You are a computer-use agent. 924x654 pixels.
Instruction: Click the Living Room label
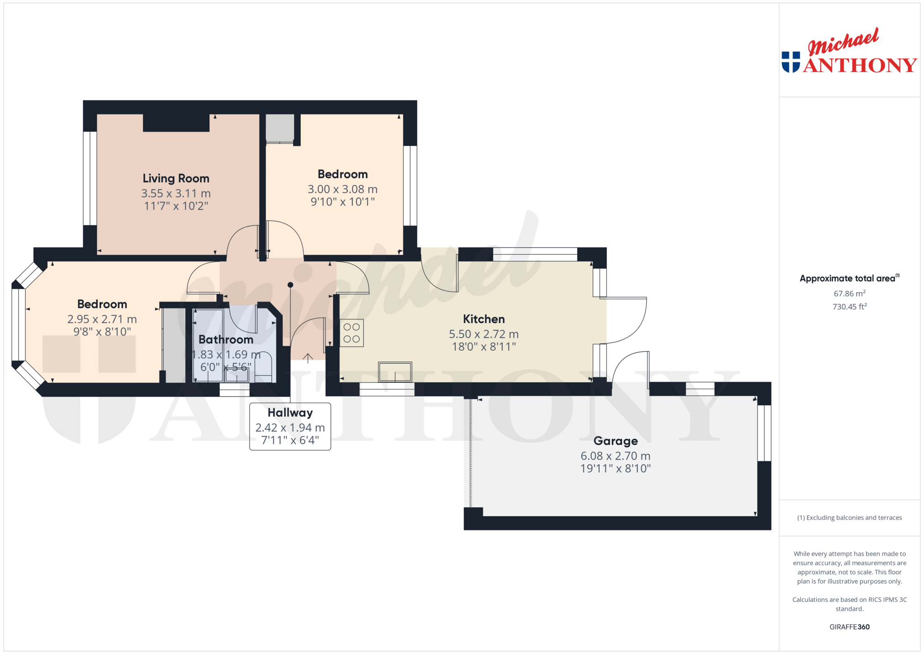(176, 178)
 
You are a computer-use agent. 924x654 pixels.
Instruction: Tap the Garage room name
(616, 441)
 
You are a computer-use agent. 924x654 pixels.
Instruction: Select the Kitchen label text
(484, 319)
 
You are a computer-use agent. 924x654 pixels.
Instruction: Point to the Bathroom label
(226, 340)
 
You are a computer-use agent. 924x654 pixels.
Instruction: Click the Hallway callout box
(290, 427)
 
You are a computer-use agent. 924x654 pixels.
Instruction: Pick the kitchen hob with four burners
(352, 333)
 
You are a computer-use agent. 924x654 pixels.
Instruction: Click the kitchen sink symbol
(395, 371)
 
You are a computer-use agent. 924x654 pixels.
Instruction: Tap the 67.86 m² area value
(850, 293)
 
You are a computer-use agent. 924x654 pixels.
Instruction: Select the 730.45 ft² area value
(850, 307)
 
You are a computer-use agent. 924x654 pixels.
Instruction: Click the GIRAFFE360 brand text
(850, 627)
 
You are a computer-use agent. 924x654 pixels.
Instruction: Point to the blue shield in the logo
(791, 62)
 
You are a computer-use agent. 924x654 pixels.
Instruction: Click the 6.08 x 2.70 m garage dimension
(616, 456)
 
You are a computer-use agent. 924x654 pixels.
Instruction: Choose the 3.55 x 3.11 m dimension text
(176, 194)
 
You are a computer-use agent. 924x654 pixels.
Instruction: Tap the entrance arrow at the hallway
(308, 358)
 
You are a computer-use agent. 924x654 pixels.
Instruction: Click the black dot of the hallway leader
(290, 285)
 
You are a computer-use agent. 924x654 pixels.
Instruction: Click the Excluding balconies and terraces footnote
(850, 518)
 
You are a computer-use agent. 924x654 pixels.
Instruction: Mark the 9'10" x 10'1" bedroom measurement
(343, 202)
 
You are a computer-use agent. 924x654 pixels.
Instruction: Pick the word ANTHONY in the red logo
(860, 65)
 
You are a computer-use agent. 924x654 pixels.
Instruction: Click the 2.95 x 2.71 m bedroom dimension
(102, 319)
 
